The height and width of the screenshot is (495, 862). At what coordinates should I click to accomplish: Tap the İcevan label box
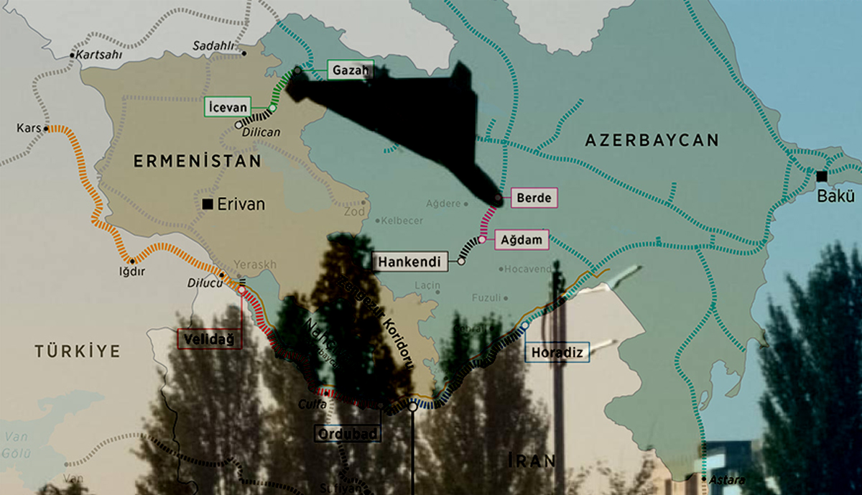[228, 106]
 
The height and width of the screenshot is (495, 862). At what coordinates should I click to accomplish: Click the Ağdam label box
[522, 239]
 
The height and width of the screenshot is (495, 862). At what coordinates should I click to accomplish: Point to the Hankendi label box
[411, 261]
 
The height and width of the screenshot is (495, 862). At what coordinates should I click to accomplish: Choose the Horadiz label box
[557, 352]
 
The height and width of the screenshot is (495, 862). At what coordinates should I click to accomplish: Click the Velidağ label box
[209, 338]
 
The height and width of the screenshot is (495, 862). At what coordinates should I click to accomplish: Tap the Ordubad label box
[348, 434]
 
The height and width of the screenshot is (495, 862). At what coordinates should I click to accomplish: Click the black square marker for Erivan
[208, 205]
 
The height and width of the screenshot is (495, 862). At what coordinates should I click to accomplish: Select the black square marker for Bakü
[821, 176]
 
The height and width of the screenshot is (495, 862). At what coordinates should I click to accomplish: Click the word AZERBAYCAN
[652, 140]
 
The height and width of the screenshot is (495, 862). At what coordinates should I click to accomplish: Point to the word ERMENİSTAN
[197, 162]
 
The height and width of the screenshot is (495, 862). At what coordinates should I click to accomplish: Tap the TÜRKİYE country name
[78, 351]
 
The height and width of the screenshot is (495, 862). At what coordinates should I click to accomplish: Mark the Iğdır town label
[128, 272]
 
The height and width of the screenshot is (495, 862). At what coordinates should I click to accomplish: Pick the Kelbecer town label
[402, 220]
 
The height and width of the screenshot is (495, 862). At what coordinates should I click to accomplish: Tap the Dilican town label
[262, 132]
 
